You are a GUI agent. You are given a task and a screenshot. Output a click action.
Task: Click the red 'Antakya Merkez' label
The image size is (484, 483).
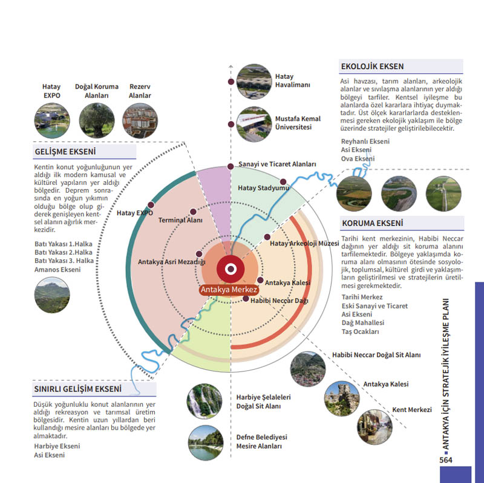coord(229,290)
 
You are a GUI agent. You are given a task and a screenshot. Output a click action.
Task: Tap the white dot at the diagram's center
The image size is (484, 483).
coord(231,268)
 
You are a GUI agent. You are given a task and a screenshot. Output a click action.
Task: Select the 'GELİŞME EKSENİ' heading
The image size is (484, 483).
coord(65,152)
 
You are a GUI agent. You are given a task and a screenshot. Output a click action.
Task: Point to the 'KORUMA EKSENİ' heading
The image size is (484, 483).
coord(372,223)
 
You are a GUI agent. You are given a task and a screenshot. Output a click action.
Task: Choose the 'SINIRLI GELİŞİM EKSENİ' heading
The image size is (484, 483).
coord(78,388)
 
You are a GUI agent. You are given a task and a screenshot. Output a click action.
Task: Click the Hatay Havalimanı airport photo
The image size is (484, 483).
coord(254,82)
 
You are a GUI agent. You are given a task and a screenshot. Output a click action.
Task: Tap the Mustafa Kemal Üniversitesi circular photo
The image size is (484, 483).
coord(254,124)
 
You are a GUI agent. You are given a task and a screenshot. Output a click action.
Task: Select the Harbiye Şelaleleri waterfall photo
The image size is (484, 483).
coord(204,401)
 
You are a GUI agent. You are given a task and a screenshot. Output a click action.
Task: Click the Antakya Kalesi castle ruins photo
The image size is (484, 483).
coord(342,399)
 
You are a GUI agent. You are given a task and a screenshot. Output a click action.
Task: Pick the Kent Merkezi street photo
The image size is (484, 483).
coord(374,427)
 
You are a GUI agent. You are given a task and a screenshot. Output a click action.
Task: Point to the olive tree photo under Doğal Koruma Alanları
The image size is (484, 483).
coord(97,120)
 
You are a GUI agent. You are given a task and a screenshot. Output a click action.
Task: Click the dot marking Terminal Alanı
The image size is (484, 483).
coord(193,212)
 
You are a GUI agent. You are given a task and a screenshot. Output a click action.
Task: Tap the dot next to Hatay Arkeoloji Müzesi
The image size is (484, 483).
coord(267,237)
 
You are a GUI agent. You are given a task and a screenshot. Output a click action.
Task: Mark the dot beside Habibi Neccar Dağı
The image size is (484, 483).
coord(246,299)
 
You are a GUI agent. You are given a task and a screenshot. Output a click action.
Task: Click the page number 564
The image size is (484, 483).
coord(446,460)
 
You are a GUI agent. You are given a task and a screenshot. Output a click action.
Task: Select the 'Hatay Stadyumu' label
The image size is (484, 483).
coord(263,188)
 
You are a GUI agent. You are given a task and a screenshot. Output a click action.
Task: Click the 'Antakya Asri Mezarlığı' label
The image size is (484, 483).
coord(172,262)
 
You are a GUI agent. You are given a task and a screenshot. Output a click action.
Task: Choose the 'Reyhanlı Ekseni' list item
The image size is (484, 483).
coord(365,141)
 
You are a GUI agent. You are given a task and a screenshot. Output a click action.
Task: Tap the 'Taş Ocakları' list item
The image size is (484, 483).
coord(360,331)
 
